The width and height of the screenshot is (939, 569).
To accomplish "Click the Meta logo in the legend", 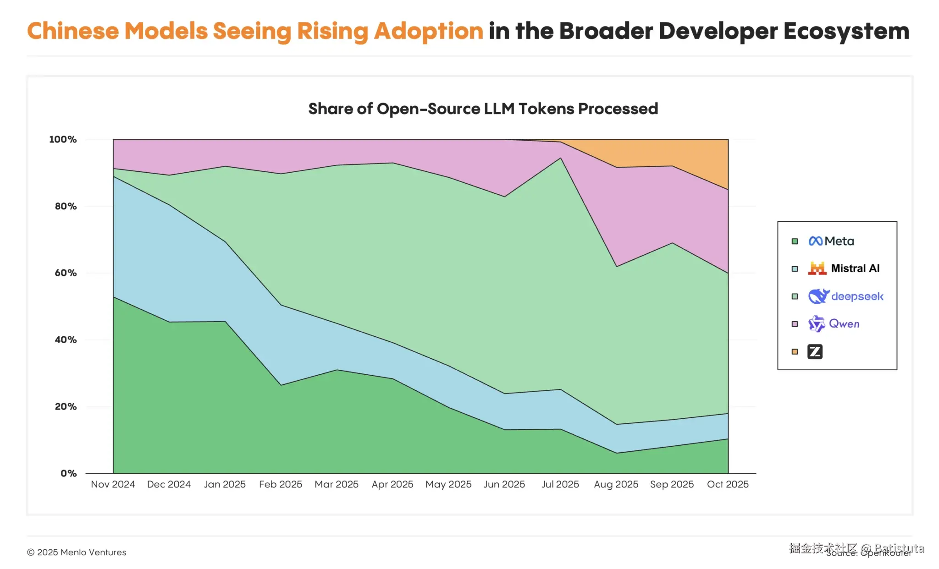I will [816, 241].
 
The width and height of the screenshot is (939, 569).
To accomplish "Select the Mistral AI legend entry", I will [855, 268].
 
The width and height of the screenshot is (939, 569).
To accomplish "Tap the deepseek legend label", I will [857, 296].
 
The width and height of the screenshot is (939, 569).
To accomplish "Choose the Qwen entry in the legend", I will [844, 324].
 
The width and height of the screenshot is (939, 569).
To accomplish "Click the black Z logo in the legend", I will [815, 351].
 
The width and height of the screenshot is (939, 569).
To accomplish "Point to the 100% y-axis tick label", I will [63, 139].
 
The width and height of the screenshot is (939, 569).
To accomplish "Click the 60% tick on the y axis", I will [66, 273].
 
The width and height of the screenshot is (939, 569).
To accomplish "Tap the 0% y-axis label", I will [68, 473].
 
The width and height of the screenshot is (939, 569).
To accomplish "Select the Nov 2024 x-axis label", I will [113, 484].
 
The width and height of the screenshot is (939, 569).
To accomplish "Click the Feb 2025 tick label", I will [281, 484].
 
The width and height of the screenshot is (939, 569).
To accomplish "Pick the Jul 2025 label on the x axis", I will [560, 484].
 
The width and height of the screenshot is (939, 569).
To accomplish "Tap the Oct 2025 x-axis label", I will [728, 484].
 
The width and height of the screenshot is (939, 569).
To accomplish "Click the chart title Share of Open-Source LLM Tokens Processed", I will [483, 109].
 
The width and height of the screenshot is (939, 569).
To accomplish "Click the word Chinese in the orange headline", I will [73, 31].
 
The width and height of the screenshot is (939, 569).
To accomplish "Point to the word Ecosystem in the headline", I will [846, 31].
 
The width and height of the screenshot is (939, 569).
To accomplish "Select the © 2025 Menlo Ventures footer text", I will [77, 552].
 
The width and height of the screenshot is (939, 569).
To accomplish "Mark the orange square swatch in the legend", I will [795, 351].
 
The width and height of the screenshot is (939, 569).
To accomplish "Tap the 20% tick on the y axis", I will [66, 407].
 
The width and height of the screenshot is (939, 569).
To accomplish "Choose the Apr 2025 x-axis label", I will [392, 484].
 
